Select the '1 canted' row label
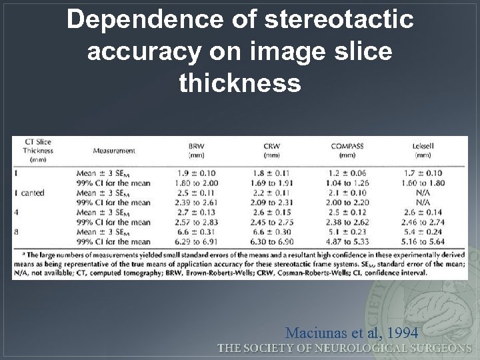29,193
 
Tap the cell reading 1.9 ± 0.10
197,173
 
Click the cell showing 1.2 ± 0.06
348,173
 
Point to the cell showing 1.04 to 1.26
348,183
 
